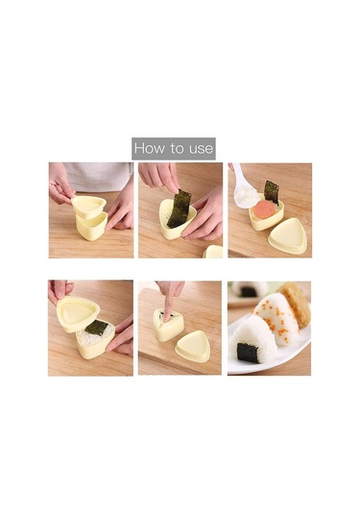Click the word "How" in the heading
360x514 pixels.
click(x=150, y=148)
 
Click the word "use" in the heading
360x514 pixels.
click(x=201, y=150)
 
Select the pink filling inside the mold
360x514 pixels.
click(x=264, y=209)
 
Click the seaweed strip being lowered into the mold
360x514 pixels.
click(x=180, y=208)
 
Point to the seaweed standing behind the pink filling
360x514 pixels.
click(x=272, y=191)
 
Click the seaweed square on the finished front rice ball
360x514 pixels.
click(x=248, y=353)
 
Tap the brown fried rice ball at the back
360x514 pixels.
click(x=295, y=304)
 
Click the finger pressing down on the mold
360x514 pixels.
click(x=170, y=302)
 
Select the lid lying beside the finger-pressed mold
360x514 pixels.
click(x=193, y=346)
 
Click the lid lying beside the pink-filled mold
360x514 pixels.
click(x=287, y=236)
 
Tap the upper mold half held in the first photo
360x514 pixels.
click(x=89, y=207)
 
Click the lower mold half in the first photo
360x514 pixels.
click(x=91, y=226)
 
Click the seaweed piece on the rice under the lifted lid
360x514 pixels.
click(x=96, y=328)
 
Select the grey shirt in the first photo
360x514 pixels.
click(x=98, y=178)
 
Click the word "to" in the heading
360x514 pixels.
click(x=177, y=149)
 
